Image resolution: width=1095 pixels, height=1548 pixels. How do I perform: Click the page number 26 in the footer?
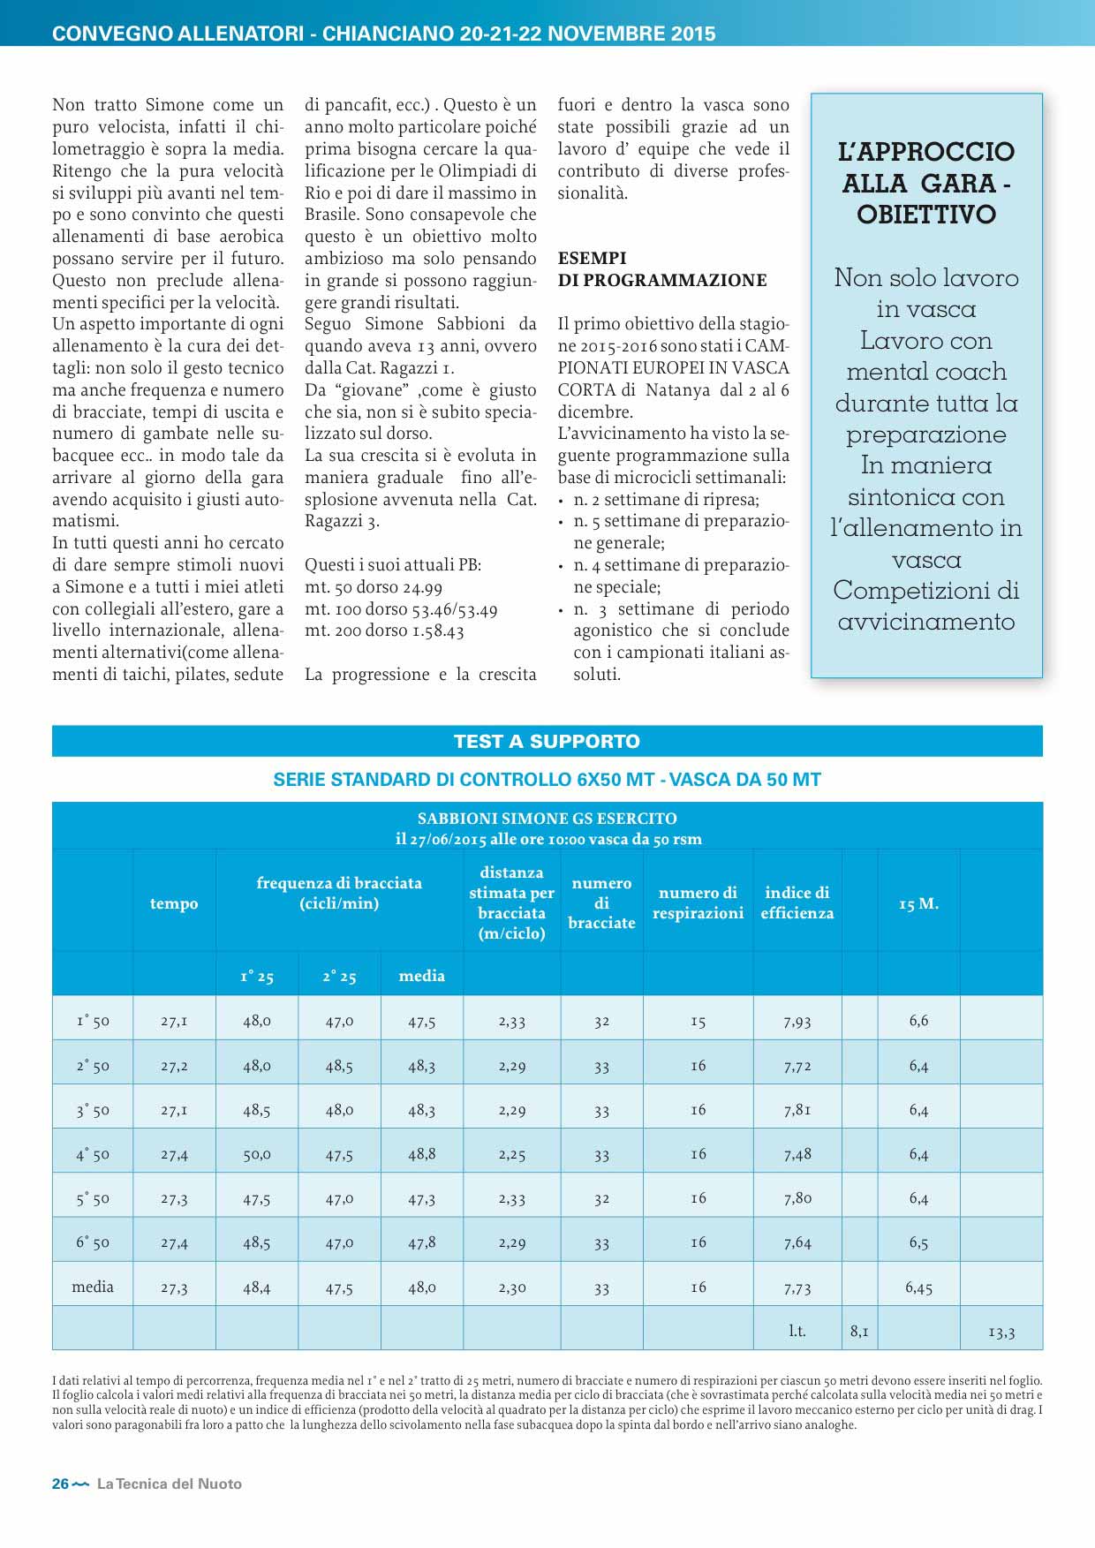coord(60,1484)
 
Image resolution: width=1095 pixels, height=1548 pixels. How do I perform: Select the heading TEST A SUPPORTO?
coord(547,741)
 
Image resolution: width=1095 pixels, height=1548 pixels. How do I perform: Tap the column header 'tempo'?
coord(174,903)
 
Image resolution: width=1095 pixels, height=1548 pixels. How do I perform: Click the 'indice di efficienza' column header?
coord(797,902)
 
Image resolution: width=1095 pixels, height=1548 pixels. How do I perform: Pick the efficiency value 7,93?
coord(797,1021)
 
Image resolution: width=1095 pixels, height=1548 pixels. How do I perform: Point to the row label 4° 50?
coord(93,1154)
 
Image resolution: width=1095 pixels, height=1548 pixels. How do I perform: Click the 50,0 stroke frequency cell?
coord(257,1154)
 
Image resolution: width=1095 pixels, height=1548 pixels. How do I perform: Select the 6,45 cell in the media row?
coord(918,1287)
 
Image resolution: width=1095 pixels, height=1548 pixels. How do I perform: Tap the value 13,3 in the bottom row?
coord(1001,1332)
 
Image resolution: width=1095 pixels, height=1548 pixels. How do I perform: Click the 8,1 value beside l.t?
coord(859,1331)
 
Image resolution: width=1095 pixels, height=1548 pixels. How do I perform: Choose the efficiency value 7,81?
coord(797,1110)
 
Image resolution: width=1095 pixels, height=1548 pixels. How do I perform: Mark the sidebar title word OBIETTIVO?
coord(925,215)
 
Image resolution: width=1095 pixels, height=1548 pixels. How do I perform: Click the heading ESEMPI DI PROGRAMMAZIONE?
coord(662,269)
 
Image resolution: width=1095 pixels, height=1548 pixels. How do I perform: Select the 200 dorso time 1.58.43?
coord(430,631)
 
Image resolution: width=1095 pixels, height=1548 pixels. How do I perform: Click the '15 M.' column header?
coord(918,903)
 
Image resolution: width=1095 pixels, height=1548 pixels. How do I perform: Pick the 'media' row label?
coord(93,1287)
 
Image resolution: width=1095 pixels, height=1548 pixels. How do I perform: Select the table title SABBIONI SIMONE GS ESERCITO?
coord(547,818)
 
